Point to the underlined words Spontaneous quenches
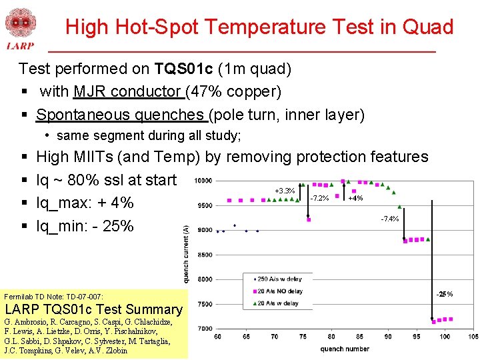click(x=121, y=115)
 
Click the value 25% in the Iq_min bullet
click(x=118, y=226)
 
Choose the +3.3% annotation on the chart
click(x=285, y=191)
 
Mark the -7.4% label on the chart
click(x=390, y=219)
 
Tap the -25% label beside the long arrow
click(x=445, y=294)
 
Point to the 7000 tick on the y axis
click(x=205, y=328)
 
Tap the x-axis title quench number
click(x=343, y=348)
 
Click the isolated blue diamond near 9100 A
click(x=235, y=225)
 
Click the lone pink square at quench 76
click(x=309, y=219)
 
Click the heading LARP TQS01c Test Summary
click(x=93, y=309)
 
